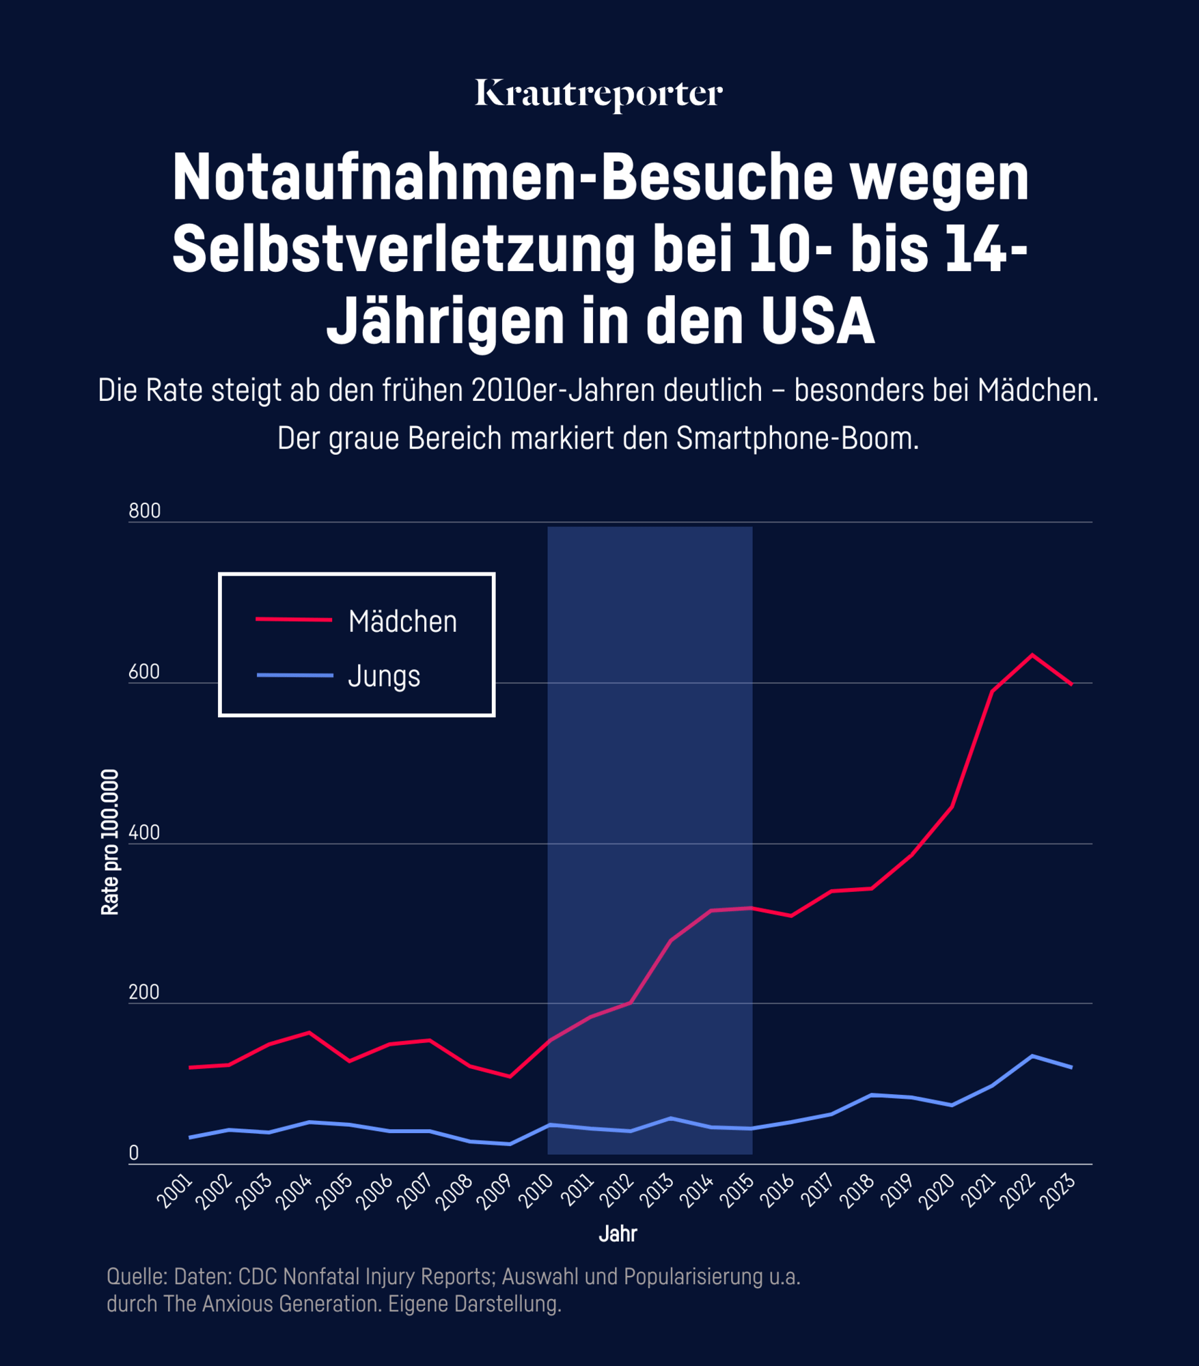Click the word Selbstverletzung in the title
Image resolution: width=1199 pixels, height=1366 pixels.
pyautogui.click(x=404, y=249)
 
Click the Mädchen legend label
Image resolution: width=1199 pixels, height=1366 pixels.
pyautogui.click(x=402, y=622)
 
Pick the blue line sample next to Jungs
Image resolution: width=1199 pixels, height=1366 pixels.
pyautogui.click(x=294, y=675)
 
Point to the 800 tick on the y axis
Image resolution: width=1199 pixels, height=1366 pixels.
pyautogui.click(x=144, y=511)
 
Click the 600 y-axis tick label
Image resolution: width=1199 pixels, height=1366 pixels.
pyautogui.click(x=144, y=672)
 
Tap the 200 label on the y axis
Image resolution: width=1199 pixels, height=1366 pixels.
pyautogui.click(x=144, y=992)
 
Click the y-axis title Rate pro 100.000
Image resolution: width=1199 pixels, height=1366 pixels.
pyautogui.click(x=110, y=842)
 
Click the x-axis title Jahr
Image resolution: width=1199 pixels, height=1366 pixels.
pyautogui.click(x=618, y=1234)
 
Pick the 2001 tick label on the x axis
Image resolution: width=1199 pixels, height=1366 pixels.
pyautogui.click(x=175, y=1193)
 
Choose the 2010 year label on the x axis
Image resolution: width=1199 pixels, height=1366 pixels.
pyautogui.click(x=536, y=1193)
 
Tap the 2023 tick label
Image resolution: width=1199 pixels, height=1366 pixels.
pyautogui.click(x=1057, y=1193)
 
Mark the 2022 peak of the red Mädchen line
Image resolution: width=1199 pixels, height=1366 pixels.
pyautogui.click(x=1032, y=654)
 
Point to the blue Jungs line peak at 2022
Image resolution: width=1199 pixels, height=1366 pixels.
pyautogui.click(x=1032, y=1056)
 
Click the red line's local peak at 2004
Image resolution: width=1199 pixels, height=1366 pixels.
pyautogui.click(x=309, y=1032)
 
